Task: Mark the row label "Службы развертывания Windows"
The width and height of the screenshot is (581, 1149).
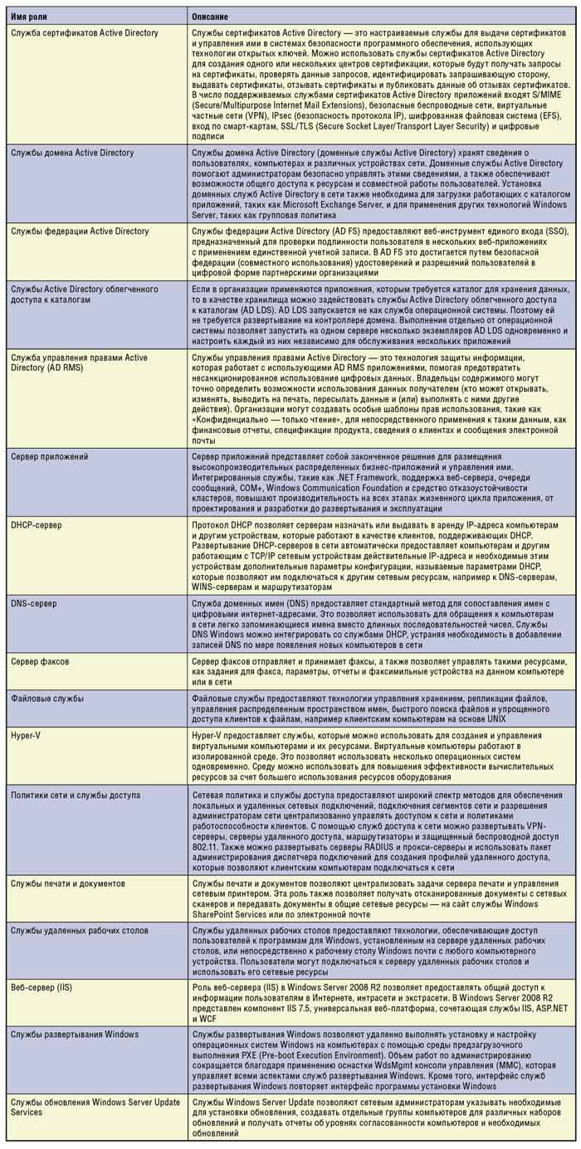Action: pyautogui.click(x=75, y=1034)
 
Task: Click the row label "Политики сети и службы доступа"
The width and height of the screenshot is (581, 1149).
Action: pyautogui.click(x=76, y=796)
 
